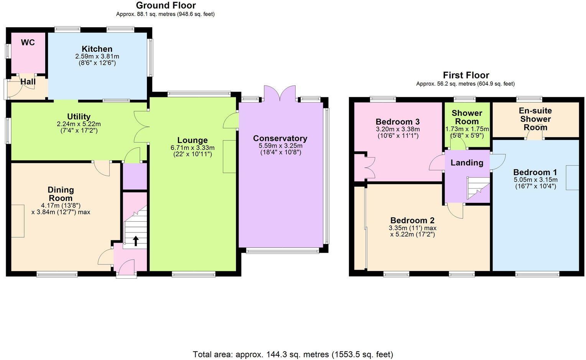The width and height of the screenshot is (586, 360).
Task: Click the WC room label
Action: (x=28, y=43)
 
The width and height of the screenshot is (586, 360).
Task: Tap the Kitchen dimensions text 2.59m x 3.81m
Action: (x=97, y=56)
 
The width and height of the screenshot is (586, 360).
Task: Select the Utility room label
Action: (x=79, y=117)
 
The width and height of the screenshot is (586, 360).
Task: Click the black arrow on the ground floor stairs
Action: (x=136, y=241)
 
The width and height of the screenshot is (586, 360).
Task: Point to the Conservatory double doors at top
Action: (x=280, y=94)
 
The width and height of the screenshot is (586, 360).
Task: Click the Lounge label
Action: (x=192, y=140)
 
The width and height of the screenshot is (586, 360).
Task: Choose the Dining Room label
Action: (x=61, y=194)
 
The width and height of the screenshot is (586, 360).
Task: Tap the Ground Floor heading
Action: (x=166, y=5)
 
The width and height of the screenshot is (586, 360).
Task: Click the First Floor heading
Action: (x=466, y=75)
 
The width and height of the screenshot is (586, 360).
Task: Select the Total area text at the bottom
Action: (x=293, y=354)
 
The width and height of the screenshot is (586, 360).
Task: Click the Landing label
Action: (x=467, y=163)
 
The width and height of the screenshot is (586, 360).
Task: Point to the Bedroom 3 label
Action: (x=397, y=122)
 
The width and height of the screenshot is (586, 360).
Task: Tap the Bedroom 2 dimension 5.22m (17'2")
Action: (x=412, y=234)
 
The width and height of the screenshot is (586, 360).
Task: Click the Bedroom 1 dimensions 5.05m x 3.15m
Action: (x=535, y=180)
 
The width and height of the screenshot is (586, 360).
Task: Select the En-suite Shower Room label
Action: (x=535, y=119)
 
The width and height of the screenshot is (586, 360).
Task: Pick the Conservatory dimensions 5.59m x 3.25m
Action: (x=280, y=146)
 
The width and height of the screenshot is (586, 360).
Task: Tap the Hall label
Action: (x=28, y=82)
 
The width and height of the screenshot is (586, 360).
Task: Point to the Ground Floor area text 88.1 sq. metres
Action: (x=165, y=14)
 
